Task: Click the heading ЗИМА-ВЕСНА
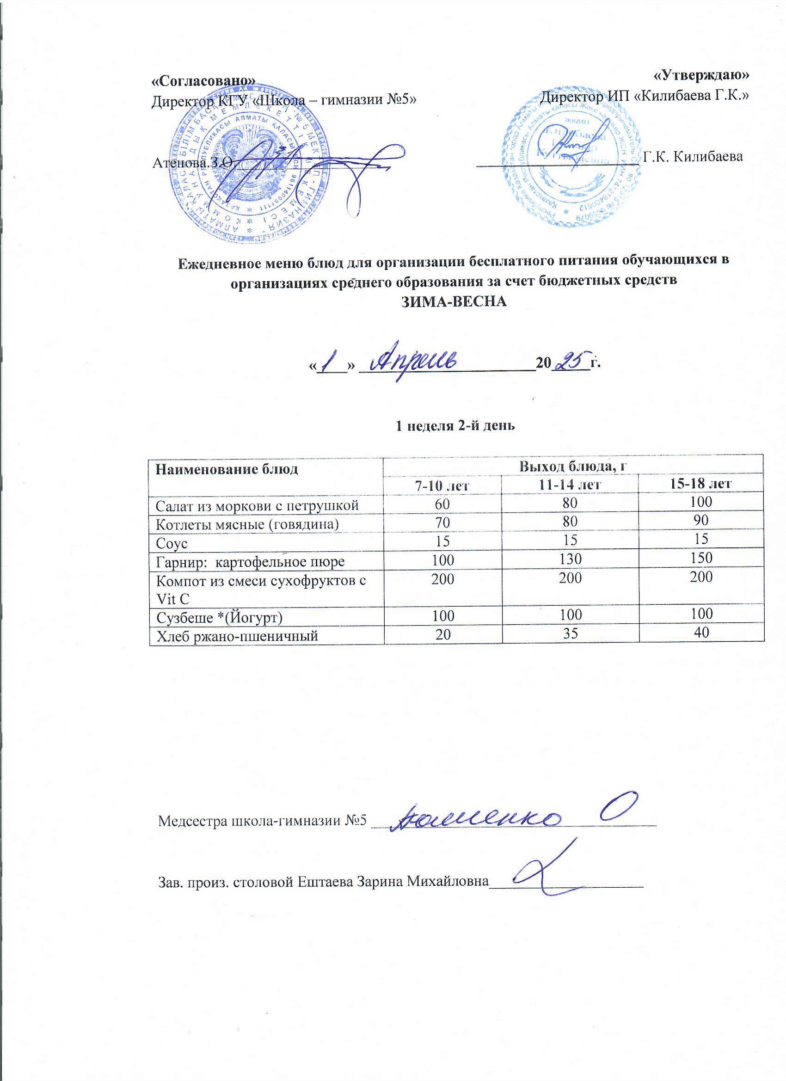tap(454, 302)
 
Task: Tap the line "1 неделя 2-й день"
tap(455, 426)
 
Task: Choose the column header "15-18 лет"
tap(701, 484)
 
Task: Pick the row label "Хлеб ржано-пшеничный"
tap(237, 635)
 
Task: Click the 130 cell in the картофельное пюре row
tap(570, 559)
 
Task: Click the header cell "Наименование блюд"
tap(227, 469)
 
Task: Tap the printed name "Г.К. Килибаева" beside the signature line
tap(693, 156)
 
